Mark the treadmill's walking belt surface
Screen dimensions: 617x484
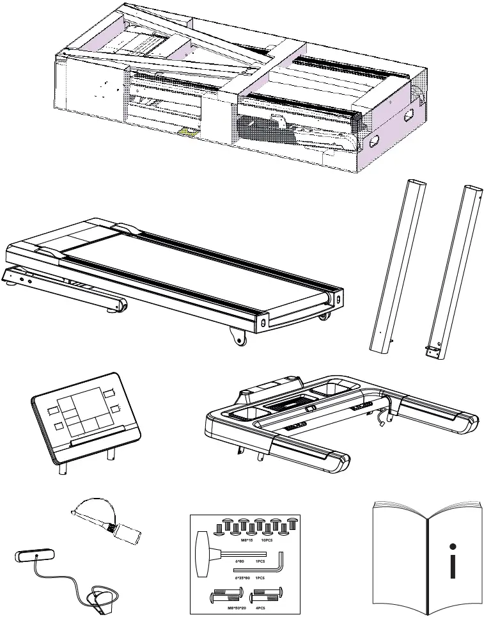tap(192, 269)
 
